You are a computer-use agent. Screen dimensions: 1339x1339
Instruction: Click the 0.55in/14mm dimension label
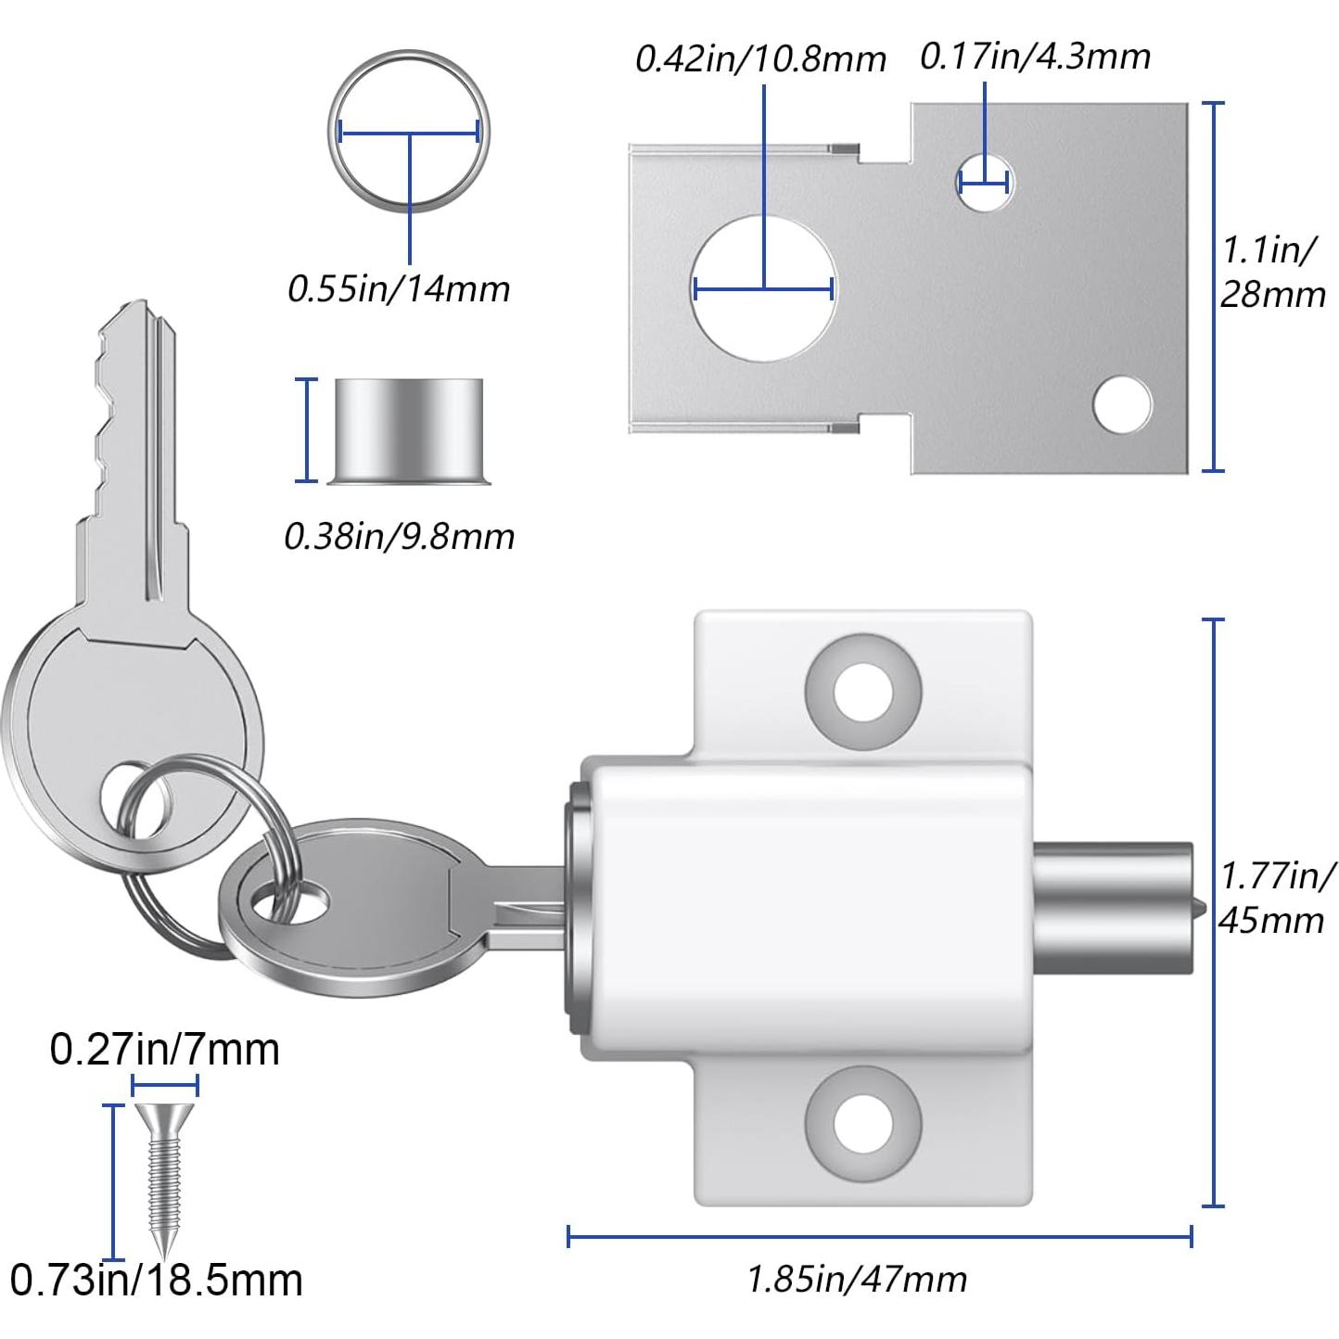pos(399,289)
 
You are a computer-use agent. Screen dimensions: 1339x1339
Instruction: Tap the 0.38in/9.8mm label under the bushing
pos(399,537)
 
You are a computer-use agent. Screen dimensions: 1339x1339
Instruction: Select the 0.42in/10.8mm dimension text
pos(760,59)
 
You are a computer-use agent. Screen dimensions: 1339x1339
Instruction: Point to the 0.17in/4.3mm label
pos(1035,57)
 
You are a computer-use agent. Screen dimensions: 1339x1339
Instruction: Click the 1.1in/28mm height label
pos(1272,273)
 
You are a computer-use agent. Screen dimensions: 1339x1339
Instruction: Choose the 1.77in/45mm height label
pos(1276,897)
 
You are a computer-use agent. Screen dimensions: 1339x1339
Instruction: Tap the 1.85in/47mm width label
pos(857,1280)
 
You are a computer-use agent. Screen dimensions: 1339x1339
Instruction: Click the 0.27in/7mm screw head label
pos(164,1050)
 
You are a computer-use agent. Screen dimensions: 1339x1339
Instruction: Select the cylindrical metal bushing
pos(408,429)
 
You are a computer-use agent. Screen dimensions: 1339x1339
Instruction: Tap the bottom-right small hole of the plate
pos(1122,404)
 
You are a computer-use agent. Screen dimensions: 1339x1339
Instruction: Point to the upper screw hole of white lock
pos(863,691)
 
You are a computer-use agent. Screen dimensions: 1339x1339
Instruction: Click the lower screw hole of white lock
pos(863,1123)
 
